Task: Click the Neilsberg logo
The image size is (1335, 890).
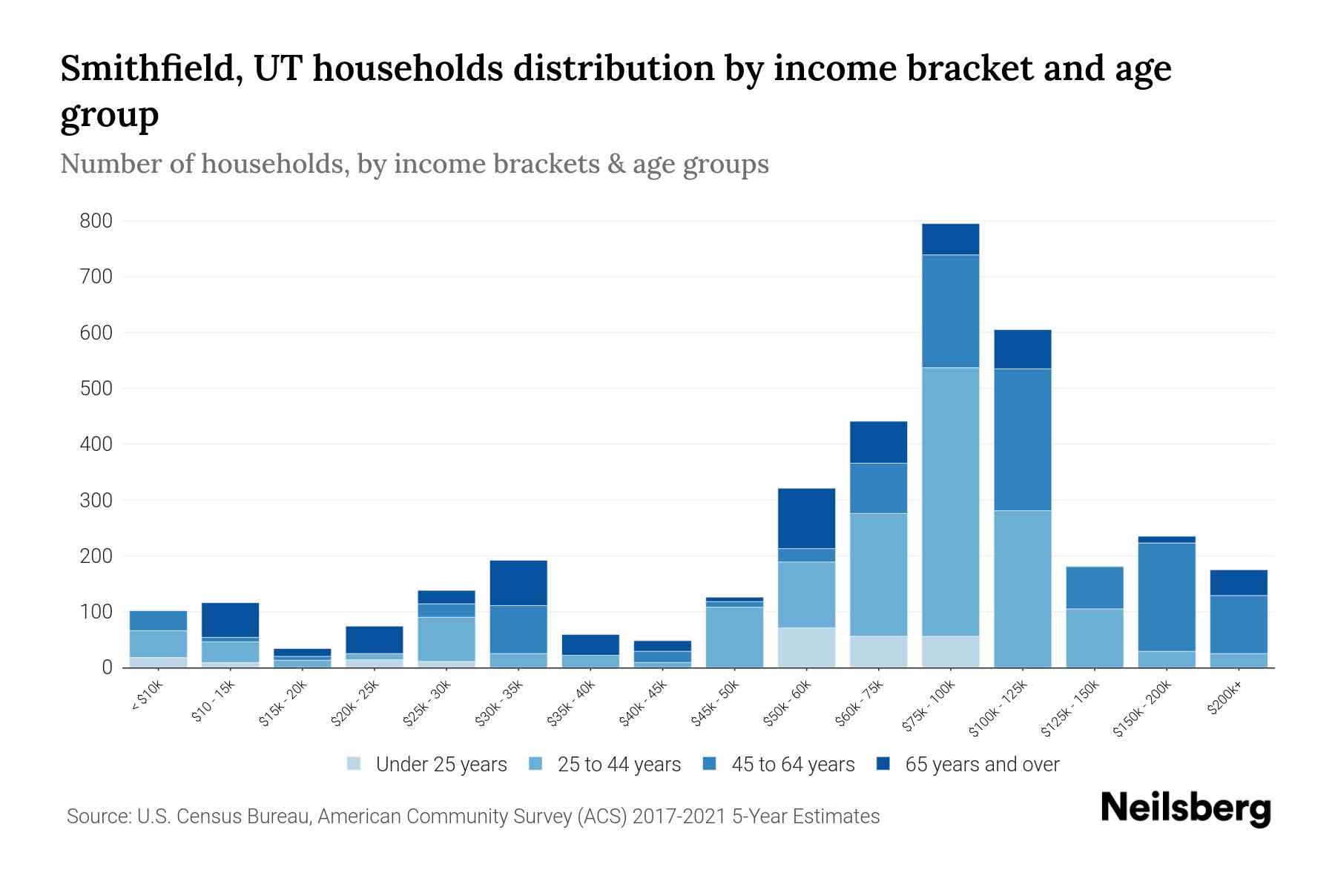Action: pos(1185,808)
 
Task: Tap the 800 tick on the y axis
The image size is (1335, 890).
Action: pos(96,221)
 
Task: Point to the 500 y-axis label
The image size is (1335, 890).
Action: pos(96,389)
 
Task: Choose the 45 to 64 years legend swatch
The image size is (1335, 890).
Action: pos(710,764)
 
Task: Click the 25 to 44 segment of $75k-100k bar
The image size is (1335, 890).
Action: pos(950,501)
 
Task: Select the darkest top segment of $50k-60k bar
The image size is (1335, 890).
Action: pos(806,518)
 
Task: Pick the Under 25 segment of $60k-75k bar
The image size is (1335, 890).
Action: pos(878,651)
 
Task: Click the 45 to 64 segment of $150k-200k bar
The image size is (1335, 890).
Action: pos(1166,597)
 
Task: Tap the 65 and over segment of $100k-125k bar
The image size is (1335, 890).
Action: pos(1022,349)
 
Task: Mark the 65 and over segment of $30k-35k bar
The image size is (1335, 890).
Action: pos(518,582)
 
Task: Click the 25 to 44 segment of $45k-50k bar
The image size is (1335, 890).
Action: pos(734,636)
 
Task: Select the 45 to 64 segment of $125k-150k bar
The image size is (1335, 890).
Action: pos(1094,587)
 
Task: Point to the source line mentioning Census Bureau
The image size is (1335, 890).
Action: pos(473,817)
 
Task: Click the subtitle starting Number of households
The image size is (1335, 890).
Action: pos(414,164)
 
